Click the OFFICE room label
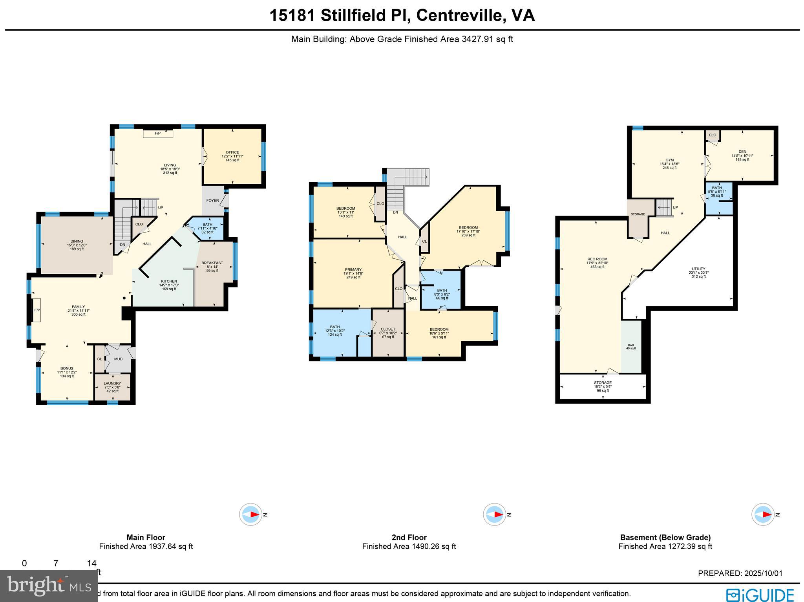(x=232, y=152)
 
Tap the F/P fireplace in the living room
(x=158, y=134)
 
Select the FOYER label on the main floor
(x=213, y=201)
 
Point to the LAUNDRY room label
(x=112, y=384)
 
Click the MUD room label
(x=118, y=359)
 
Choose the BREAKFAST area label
(x=212, y=263)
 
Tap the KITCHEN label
(x=169, y=282)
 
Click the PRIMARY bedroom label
(x=353, y=270)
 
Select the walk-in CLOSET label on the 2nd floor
(x=388, y=329)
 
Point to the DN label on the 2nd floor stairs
(x=395, y=212)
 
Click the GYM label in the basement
(x=669, y=160)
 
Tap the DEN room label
(x=742, y=152)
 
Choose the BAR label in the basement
(x=631, y=345)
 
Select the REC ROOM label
(x=597, y=259)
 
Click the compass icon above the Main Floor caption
(x=251, y=514)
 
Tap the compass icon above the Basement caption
(x=763, y=514)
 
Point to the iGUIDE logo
(x=760, y=594)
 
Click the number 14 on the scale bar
(x=91, y=564)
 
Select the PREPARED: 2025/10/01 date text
(x=740, y=573)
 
